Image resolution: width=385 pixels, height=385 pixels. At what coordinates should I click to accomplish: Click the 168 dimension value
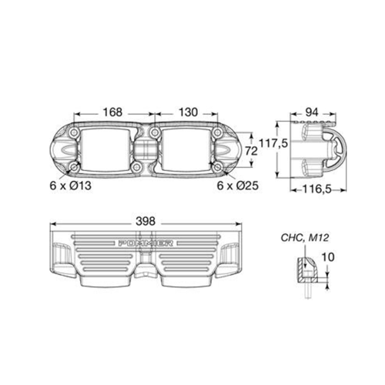(x=112, y=112)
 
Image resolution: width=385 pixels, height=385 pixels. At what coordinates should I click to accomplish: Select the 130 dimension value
(x=188, y=112)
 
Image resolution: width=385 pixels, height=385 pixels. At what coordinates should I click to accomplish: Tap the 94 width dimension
(x=312, y=112)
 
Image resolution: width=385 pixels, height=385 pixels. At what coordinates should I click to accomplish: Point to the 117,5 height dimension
(x=273, y=143)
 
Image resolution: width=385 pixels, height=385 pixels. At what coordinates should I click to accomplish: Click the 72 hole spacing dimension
(x=251, y=151)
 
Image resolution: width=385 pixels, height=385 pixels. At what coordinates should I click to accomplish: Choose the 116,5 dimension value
(x=317, y=189)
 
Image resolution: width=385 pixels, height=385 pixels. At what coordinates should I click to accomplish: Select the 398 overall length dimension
(x=146, y=221)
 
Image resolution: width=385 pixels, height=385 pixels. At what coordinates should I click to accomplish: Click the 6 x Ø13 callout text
(x=71, y=186)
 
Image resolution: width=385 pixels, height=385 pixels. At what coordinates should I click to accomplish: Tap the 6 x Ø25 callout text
(x=238, y=186)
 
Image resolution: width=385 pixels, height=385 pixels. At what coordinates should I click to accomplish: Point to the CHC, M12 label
(x=305, y=238)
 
